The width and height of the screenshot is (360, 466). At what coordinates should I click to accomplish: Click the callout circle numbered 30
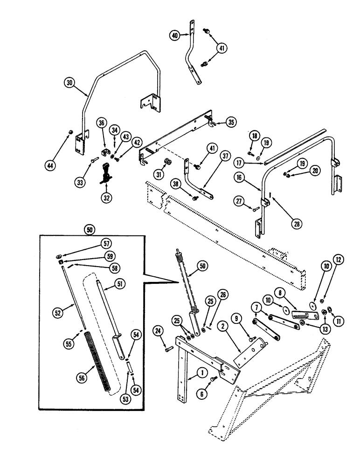tap(69, 82)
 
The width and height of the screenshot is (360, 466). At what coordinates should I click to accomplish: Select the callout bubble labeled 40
tap(175, 35)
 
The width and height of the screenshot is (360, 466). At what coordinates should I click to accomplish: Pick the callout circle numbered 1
tap(202, 372)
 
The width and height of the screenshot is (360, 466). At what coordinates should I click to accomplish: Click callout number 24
tap(158, 331)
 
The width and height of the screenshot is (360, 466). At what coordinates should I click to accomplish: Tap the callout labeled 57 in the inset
tap(107, 243)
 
